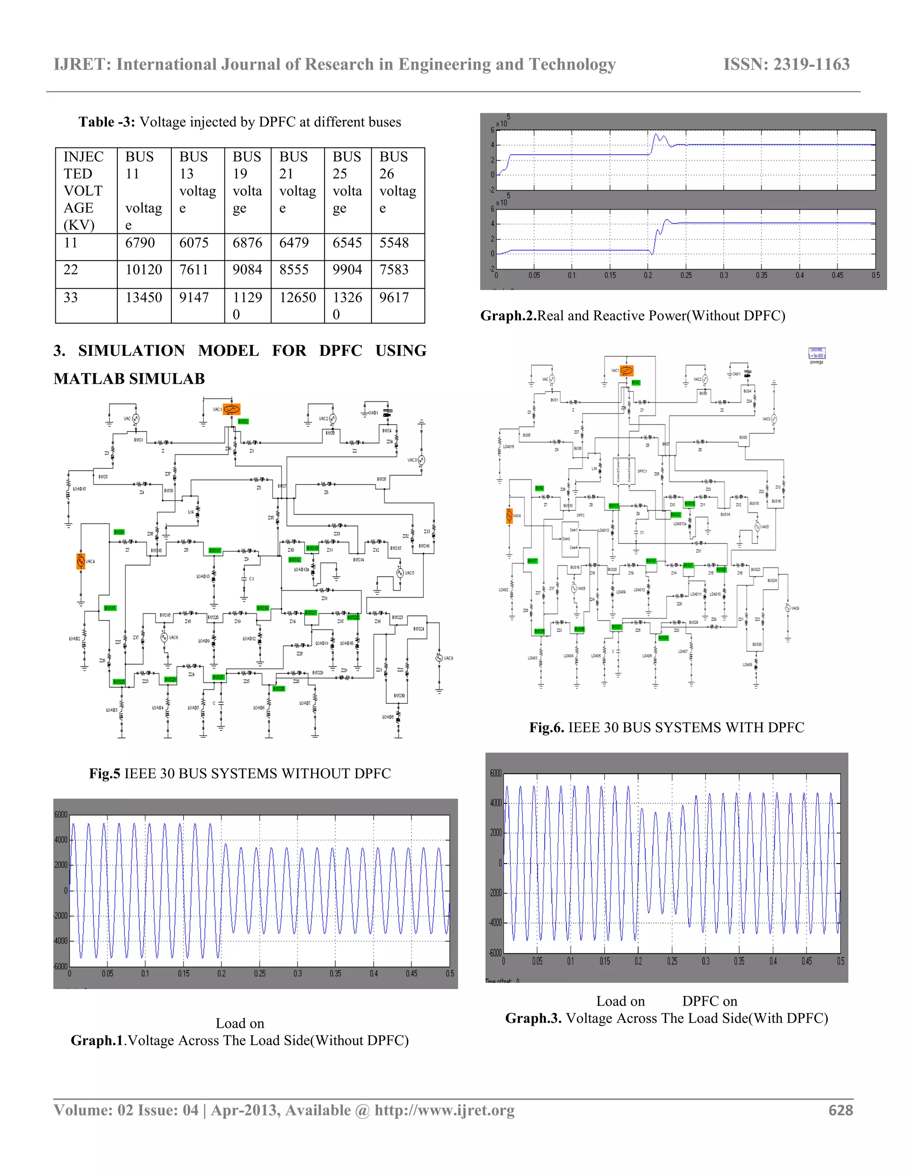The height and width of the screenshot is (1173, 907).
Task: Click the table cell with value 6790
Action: pos(140,243)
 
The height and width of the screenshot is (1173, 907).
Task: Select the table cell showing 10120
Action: pos(143,270)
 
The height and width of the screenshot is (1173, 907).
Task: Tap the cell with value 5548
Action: pos(394,243)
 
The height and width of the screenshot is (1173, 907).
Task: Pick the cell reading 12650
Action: pos(298,297)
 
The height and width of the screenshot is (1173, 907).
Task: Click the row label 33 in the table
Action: pos(71,297)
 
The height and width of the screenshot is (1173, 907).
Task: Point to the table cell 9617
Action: pos(394,297)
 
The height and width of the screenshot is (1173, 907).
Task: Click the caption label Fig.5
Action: pos(105,773)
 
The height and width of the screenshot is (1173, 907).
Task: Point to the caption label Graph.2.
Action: pos(508,316)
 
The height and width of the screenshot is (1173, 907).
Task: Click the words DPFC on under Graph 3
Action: pos(709,1001)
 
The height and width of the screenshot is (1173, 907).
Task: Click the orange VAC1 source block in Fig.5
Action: pos(232,409)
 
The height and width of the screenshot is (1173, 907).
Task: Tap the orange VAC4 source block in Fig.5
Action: pos(81,561)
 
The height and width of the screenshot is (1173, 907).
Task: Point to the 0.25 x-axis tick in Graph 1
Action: pos(260,974)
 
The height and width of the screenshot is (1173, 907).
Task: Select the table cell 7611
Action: pos(194,270)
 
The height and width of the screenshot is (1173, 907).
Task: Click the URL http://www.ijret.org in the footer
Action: pos(444,1111)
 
